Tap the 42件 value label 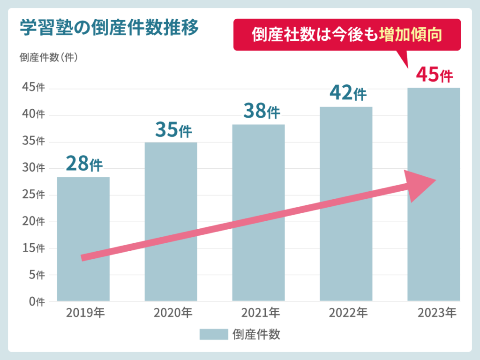[348, 93]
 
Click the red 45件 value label [435, 75]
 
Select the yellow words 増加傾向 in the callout [411, 35]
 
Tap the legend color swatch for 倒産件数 [213, 334]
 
